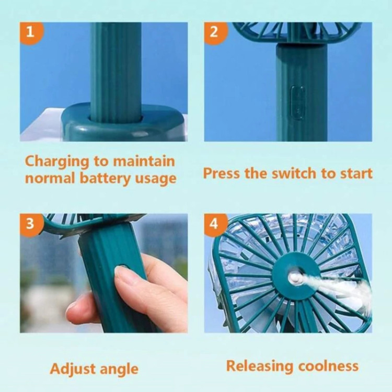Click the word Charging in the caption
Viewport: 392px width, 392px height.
[57, 162]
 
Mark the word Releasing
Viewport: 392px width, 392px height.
[260, 366]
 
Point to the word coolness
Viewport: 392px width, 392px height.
[328, 366]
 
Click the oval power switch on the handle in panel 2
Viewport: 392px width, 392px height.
[297, 102]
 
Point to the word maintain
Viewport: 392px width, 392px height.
[144, 162]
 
